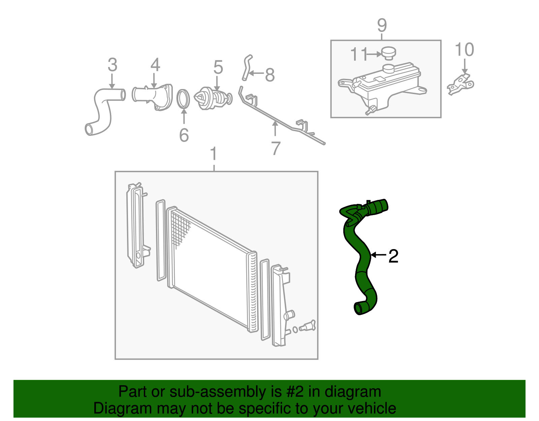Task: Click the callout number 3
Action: tap(113, 65)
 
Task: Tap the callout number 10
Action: tap(464, 50)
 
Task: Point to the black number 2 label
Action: tap(393, 256)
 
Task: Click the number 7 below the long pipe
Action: tap(276, 148)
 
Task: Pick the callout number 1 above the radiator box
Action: tap(214, 154)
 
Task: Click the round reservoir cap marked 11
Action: tap(388, 53)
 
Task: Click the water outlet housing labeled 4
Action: tap(153, 95)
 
